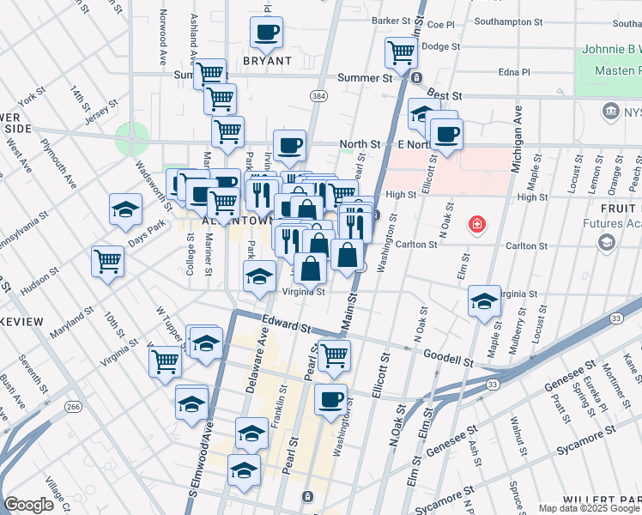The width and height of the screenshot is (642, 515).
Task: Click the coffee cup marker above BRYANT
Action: point(266,33)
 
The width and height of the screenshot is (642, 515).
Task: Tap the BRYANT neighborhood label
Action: point(267,62)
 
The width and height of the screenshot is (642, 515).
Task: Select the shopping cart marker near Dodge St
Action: point(401,51)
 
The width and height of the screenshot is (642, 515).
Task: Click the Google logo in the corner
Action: point(28,505)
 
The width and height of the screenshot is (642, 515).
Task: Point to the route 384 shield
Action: point(318,94)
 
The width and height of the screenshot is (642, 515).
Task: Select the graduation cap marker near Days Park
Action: point(125,209)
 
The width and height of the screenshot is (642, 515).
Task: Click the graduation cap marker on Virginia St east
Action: point(485,301)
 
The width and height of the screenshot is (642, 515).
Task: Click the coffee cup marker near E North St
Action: point(445,133)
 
